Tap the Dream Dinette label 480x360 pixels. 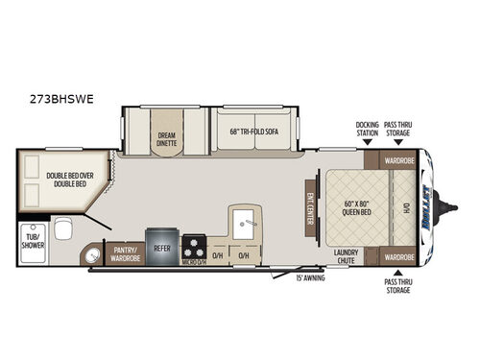click(x=167, y=139)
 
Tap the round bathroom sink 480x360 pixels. click(x=91, y=255)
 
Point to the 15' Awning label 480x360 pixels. click(x=310, y=278)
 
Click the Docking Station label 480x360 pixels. click(x=366, y=130)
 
